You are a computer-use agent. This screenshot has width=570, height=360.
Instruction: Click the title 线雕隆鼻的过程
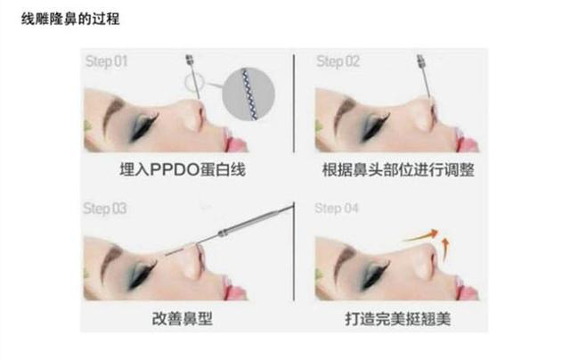click(70, 19)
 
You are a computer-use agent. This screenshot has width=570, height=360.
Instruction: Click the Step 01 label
click(107, 61)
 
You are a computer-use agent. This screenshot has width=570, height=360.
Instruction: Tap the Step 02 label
click(338, 61)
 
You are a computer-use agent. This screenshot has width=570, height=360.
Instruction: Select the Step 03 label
click(105, 209)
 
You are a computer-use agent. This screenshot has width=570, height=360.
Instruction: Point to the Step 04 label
click(337, 209)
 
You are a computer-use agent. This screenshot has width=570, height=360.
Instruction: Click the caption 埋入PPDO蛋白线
click(183, 170)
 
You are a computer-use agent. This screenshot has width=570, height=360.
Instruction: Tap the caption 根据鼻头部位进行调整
click(398, 170)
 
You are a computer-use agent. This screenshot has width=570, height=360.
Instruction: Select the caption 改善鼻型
click(182, 318)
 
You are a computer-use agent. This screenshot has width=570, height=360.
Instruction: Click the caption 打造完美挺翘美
click(398, 319)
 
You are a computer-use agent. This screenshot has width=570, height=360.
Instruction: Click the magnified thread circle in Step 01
click(248, 94)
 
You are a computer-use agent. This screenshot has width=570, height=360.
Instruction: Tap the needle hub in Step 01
click(190, 60)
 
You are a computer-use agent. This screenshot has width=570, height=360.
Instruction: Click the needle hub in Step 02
click(421, 60)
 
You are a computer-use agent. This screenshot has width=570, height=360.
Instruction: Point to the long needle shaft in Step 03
click(230, 230)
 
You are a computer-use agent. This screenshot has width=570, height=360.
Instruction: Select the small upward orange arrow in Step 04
click(445, 250)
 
